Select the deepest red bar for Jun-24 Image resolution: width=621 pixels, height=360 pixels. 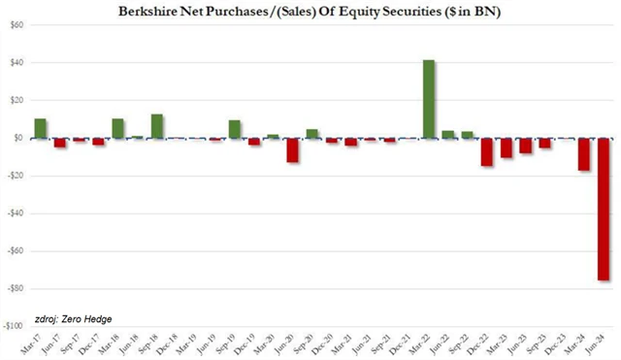pos(603,209)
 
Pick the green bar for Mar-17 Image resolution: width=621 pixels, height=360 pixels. pos(40,128)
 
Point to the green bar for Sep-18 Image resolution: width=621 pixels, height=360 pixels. pos(156,126)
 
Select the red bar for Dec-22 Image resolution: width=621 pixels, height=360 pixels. pos(486,151)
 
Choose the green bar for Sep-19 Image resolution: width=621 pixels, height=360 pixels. pos(234,129)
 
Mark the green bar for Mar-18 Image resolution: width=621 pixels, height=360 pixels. pos(117,128)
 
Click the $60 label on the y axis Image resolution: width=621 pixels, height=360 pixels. pos(16,24)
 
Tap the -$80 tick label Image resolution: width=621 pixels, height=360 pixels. pos(14,288)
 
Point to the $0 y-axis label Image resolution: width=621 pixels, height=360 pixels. pos(17,138)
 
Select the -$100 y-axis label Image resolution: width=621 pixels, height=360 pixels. pos(13,326)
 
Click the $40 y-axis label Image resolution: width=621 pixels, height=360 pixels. pos(16,62)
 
